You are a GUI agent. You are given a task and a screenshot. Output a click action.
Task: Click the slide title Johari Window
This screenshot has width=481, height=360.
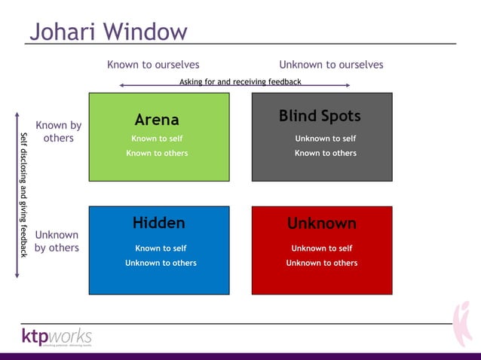coord(108,31)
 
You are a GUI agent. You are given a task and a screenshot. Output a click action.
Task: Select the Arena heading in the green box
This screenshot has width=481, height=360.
coord(157,120)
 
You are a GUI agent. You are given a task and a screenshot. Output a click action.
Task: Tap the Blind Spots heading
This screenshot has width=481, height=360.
coord(320,116)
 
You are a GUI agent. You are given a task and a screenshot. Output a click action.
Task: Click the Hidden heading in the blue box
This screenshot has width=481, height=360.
coord(158,222)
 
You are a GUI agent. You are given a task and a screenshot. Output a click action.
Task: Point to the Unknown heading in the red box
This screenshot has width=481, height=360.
coord(321,224)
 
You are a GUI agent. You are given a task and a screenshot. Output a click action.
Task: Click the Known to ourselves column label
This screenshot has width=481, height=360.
coord(153,65)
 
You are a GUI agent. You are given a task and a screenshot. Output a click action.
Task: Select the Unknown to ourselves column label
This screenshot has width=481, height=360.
coord(331,65)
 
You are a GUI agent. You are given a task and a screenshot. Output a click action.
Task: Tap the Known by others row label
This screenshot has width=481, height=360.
coord(58,132)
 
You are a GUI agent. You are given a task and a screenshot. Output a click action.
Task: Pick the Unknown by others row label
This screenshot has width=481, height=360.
coord(57,241)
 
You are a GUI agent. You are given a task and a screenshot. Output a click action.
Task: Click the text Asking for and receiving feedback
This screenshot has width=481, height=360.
coord(240,81)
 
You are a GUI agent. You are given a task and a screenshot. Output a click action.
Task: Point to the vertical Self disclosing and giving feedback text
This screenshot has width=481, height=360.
coord(24,195)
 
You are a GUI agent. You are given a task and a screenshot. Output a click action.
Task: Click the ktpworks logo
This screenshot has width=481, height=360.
coord(57,336)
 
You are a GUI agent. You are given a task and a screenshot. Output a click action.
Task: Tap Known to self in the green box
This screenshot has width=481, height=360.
coord(157,139)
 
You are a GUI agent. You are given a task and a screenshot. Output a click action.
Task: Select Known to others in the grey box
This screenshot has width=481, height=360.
coord(325,153)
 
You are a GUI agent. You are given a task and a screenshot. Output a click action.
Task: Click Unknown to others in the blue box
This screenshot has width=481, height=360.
coord(161,263)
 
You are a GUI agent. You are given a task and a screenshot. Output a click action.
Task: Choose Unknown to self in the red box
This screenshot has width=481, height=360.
coord(321,248)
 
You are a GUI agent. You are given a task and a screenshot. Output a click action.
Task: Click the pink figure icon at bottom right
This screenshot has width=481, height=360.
coord(462,324)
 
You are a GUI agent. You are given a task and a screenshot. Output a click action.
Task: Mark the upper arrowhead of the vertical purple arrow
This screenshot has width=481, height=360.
coord(17,116)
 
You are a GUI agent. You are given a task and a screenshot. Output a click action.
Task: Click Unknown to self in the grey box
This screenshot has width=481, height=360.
coord(325,139)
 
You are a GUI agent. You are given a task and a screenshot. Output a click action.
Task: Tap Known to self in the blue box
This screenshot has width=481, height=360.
coord(161,248)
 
